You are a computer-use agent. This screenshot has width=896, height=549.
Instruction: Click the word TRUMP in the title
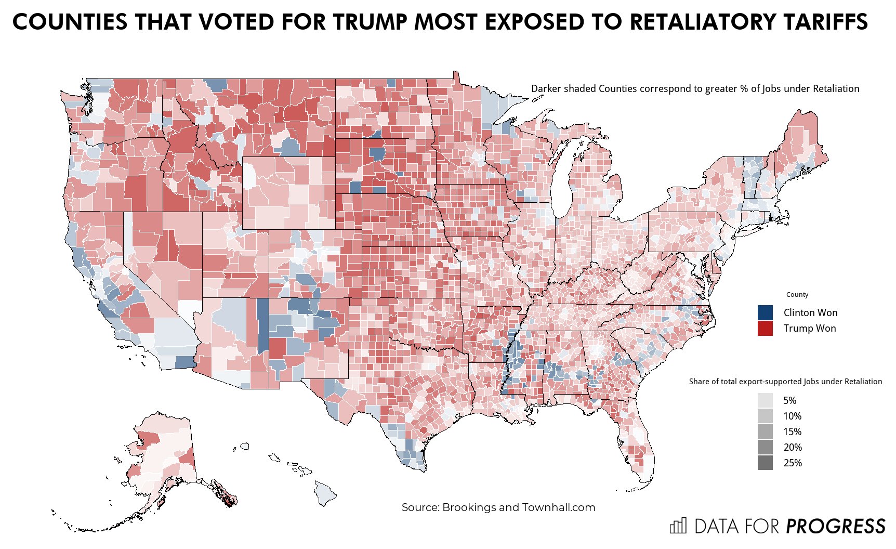pos(371,22)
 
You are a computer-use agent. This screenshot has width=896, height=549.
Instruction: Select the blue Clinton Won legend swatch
pos(765,312)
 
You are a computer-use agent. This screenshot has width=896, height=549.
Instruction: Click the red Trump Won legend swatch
pos(765,328)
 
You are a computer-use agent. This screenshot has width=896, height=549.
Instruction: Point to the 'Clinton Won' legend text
pos(810,312)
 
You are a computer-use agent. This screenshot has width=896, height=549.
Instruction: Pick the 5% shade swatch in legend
pos(765,400)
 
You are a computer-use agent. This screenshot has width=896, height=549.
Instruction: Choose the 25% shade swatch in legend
pos(765,463)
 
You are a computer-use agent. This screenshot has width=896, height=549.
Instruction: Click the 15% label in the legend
pos(792,432)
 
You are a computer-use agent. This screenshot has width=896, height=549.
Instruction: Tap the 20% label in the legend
pos(792,447)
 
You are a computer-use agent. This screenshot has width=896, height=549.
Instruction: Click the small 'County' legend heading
pos(797,294)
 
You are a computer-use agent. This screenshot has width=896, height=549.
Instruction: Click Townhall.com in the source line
pos(559,507)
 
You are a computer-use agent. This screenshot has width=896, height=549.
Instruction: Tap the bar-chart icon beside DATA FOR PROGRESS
pos(678,526)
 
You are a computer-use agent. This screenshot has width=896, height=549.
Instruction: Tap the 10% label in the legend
pos(792,416)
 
